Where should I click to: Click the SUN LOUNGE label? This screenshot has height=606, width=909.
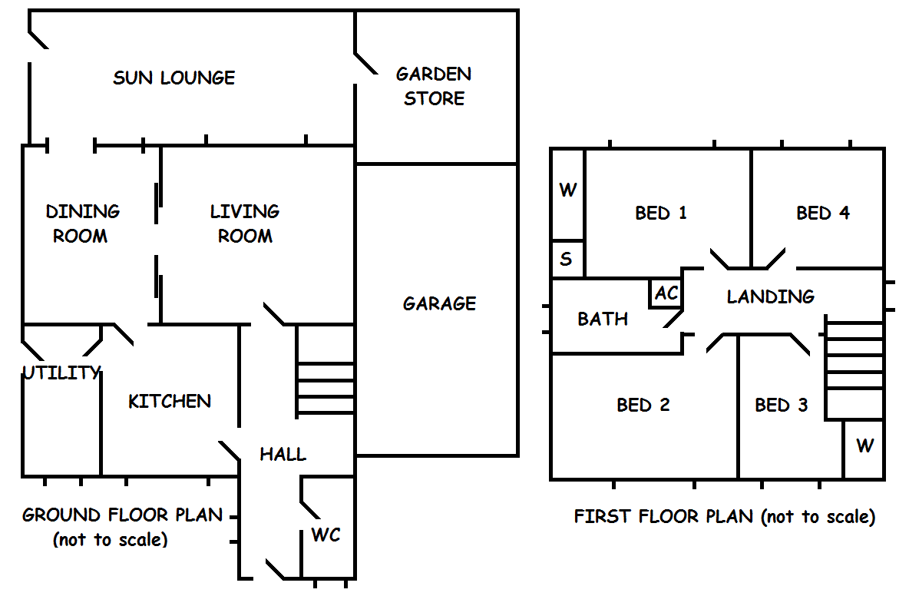(174, 78)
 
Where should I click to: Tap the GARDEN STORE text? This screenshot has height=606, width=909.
(434, 86)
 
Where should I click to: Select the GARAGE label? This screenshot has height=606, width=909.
(439, 303)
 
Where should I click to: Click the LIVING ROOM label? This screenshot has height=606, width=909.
(245, 224)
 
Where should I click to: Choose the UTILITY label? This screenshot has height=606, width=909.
(61, 373)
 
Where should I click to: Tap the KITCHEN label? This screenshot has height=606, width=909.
(170, 401)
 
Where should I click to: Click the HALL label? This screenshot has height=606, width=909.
(283, 454)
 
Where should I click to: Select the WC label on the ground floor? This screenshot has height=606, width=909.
(326, 535)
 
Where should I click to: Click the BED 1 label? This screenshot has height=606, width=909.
(661, 213)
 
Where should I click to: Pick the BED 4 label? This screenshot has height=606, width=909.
(823, 213)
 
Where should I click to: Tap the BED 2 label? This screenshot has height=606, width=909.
(643, 405)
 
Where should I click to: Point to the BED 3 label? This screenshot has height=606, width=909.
(782, 405)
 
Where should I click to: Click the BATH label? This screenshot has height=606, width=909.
(603, 318)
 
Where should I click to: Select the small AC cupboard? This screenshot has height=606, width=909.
(666, 293)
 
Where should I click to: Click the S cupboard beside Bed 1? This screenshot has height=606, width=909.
(567, 259)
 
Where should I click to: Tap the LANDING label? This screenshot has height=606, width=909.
(771, 296)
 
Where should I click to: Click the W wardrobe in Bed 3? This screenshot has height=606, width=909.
(864, 445)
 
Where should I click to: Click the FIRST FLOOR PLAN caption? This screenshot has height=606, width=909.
(725, 516)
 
